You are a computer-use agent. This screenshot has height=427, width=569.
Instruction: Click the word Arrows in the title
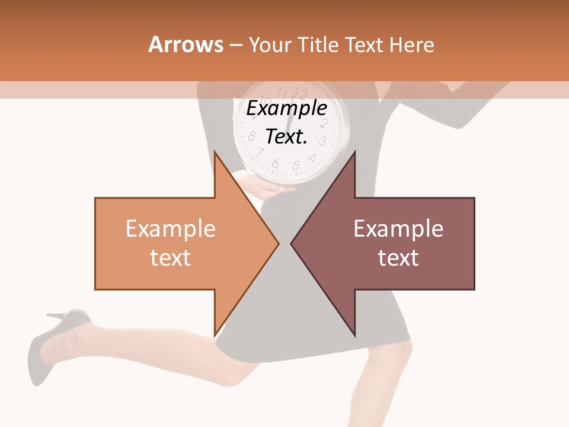point(186,44)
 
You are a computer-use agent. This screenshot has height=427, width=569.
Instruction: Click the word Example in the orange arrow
point(170,229)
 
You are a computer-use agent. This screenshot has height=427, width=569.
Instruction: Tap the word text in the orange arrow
point(170,257)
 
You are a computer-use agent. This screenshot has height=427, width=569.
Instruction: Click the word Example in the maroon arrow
point(398,229)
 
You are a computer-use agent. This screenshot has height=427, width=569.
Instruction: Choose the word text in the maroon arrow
point(398,257)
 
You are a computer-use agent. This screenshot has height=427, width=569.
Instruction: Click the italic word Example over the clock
point(287,109)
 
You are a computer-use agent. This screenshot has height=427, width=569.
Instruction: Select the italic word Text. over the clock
point(287,136)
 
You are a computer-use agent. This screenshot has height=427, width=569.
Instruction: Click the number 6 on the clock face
point(275,164)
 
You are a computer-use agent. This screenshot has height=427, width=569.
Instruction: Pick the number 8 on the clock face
point(251,137)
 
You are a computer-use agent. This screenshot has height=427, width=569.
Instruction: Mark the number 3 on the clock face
point(323,141)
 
